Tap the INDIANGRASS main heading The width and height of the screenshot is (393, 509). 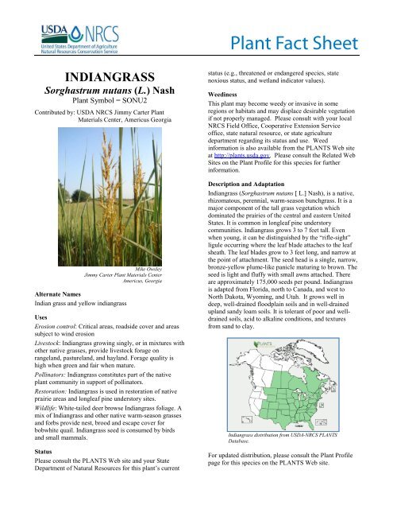point(102,77)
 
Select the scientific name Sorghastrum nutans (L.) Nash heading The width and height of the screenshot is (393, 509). point(102,92)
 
